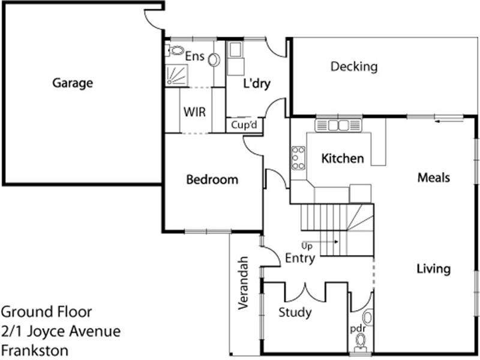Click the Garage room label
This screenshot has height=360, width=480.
pyautogui.click(x=73, y=83)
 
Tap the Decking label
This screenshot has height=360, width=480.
pyautogui.click(x=354, y=67)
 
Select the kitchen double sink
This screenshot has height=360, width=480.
pyautogui.click(x=338, y=125)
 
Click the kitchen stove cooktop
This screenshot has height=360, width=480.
pyautogui.click(x=298, y=158)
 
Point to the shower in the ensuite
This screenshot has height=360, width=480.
pyautogui.click(x=176, y=75)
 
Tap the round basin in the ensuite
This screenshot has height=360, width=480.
pyautogui.click(x=214, y=59)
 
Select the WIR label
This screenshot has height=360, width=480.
pyautogui.click(x=194, y=112)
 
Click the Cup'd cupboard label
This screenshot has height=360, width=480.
pyautogui.click(x=244, y=125)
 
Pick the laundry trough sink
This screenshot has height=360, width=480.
pyautogui.click(x=235, y=50)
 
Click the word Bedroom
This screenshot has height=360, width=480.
pyautogui.click(x=212, y=179)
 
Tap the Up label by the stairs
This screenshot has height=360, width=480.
pyautogui.click(x=307, y=246)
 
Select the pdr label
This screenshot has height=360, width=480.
pyautogui.click(x=358, y=328)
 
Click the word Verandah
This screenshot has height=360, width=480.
pyautogui.click(x=243, y=283)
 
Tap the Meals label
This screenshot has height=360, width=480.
pyautogui.click(x=434, y=178)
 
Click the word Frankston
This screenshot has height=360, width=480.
pyautogui.click(x=35, y=350)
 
